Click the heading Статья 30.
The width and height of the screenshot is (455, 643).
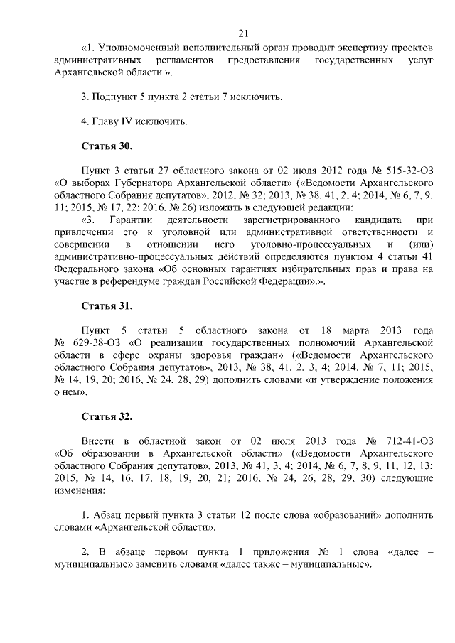click(107, 146)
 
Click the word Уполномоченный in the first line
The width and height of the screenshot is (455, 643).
click(134, 48)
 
